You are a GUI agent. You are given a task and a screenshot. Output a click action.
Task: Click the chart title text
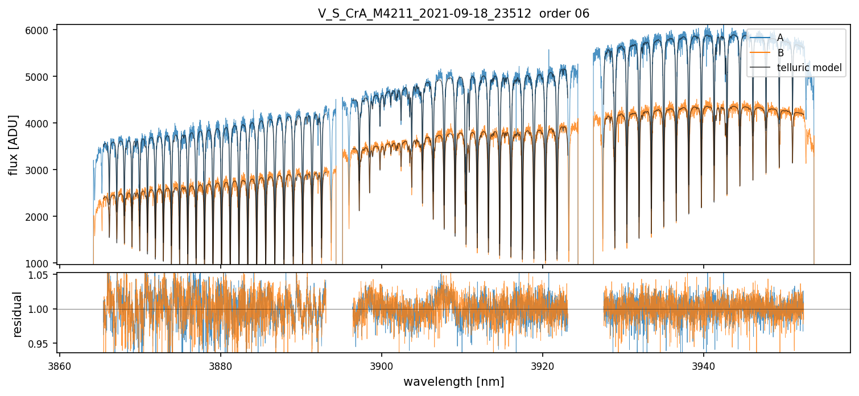click(453, 14)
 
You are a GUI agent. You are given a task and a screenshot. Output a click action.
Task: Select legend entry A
click(780, 38)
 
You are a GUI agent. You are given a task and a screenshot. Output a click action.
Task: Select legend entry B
click(780, 53)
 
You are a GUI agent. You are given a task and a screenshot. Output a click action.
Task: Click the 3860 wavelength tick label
click(60, 366)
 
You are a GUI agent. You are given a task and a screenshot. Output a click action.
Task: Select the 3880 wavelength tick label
click(221, 366)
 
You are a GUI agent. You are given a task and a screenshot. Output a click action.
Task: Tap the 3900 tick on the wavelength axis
click(382, 366)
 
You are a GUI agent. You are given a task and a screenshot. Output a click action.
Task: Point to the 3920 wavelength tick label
click(543, 366)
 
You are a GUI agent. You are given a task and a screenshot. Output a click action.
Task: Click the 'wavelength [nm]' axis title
click(453, 382)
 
